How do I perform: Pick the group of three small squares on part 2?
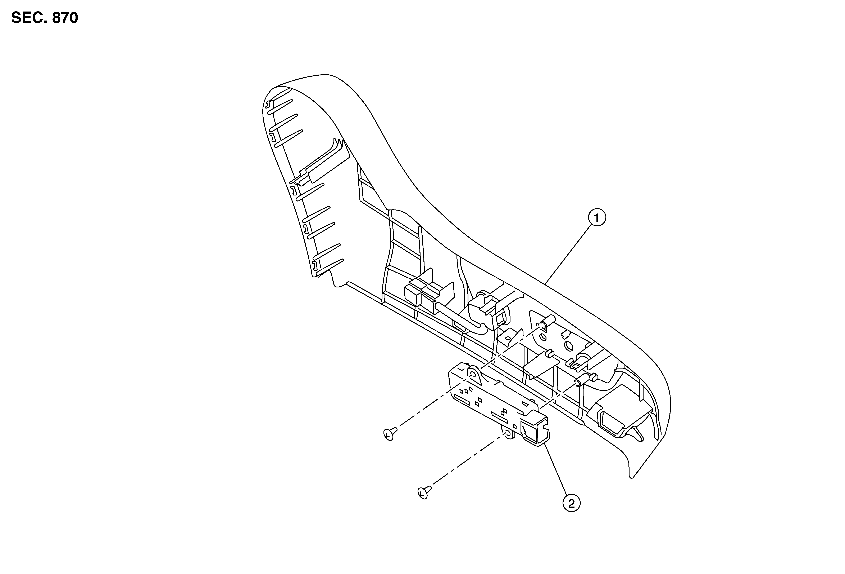(x=466, y=390)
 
